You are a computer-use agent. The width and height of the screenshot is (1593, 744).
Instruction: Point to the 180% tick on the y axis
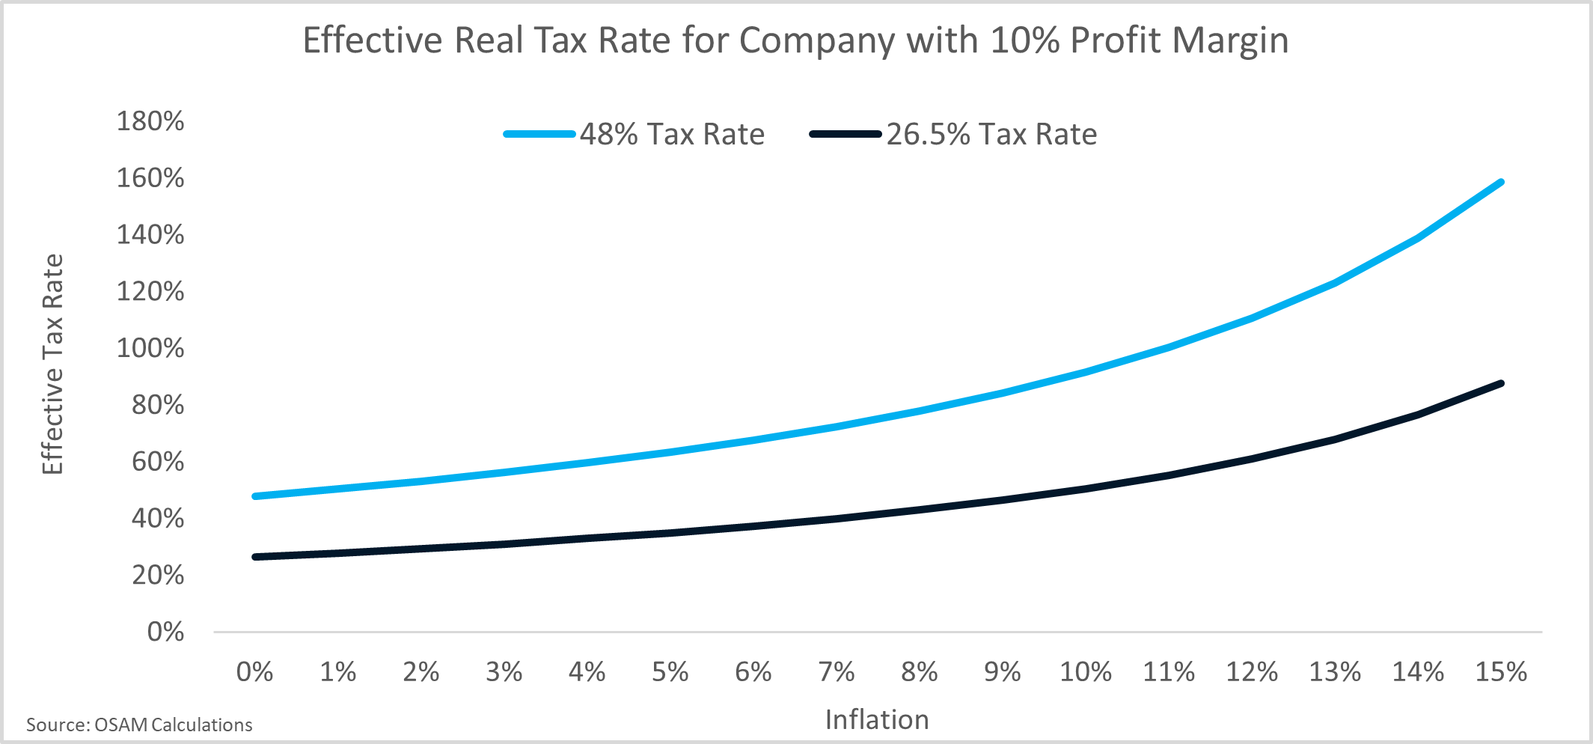(150, 121)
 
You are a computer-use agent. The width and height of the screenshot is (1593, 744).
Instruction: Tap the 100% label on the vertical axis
(150, 348)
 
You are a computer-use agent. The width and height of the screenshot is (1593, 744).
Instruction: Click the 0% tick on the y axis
(165, 632)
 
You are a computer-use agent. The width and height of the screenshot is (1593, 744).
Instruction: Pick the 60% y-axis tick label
(158, 462)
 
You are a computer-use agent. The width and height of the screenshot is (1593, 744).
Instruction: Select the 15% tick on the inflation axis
(1500, 672)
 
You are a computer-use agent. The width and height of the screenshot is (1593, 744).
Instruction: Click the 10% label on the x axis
(1085, 672)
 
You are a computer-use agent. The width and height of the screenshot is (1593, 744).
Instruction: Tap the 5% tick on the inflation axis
(670, 672)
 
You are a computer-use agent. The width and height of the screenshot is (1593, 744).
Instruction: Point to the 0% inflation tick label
(254, 672)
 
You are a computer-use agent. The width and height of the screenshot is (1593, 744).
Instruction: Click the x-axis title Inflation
(877, 720)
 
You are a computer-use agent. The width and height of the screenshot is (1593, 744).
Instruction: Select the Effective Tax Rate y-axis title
(52, 365)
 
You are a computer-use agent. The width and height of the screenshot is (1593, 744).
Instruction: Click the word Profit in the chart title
(1116, 40)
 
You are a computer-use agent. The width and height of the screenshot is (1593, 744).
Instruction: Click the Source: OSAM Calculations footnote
(139, 725)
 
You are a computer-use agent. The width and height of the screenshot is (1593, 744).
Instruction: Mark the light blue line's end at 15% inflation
(1500, 182)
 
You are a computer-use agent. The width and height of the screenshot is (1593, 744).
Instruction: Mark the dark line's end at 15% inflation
(1500, 383)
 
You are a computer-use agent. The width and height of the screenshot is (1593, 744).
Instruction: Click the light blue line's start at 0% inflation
(255, 496)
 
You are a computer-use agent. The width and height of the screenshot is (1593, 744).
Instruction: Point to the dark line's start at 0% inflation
(255, 557)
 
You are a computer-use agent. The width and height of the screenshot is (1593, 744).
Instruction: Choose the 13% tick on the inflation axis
(1334, 672)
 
